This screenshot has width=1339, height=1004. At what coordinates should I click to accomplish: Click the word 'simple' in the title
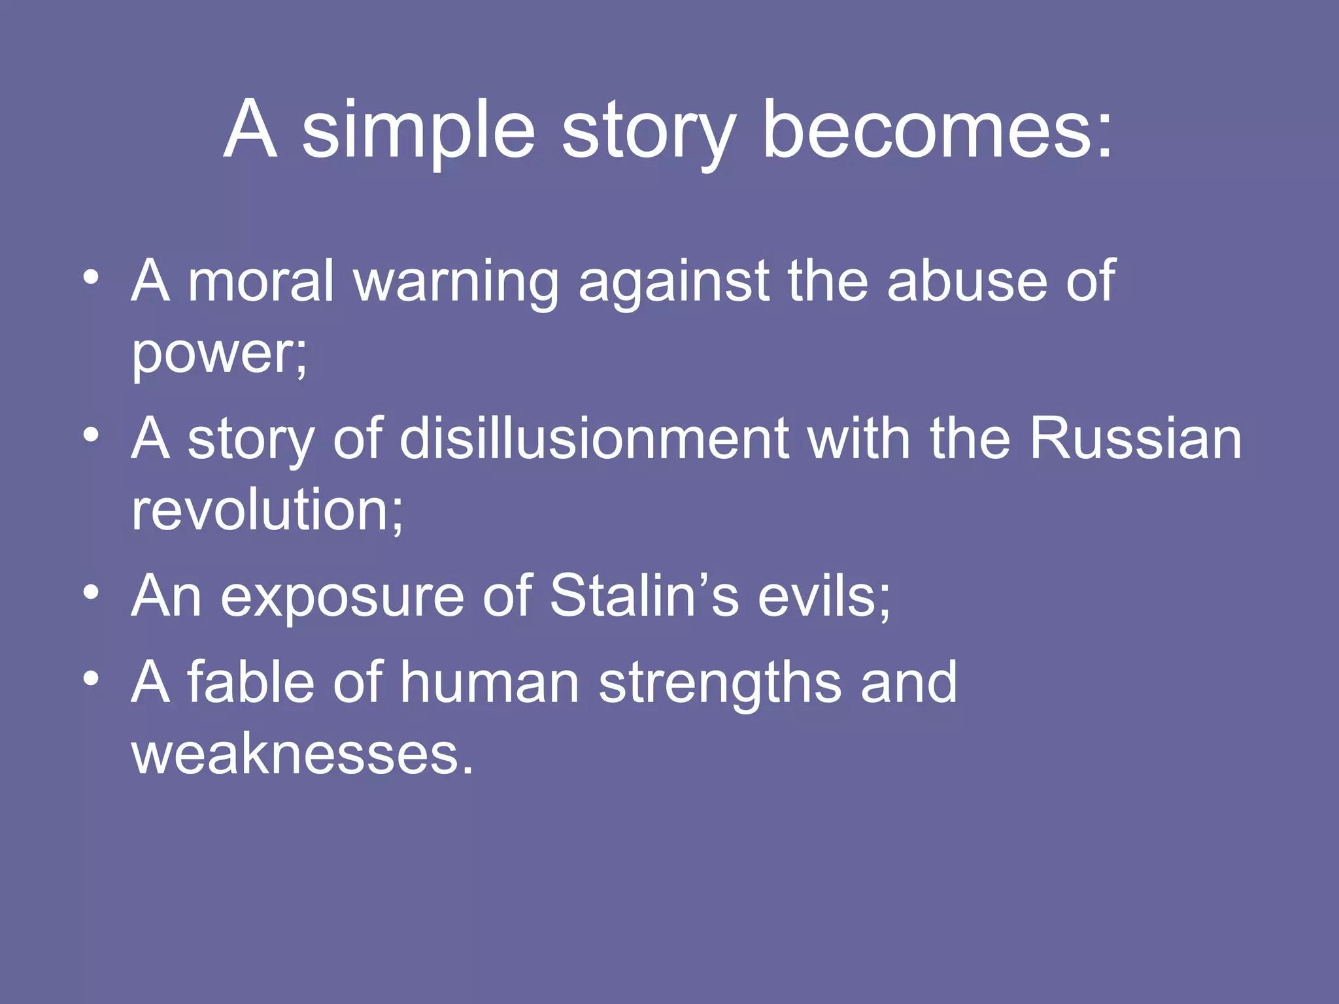tap(418, 131)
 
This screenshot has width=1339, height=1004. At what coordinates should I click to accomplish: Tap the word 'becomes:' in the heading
tap(936, 131)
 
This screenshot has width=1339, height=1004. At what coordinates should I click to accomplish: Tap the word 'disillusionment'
tap(594, 439)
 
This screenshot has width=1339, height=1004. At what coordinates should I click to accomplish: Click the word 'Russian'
tap(1135, 439)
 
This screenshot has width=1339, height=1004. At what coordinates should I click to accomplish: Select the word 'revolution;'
tap(267, 510)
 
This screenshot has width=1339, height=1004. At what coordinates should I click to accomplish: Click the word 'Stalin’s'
tap(645, 596)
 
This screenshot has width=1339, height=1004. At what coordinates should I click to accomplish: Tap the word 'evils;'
tap(824, 596)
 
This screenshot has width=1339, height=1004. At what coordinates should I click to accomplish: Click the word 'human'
tap(490, 682)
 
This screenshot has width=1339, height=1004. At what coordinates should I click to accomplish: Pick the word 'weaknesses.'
tap(302, 755)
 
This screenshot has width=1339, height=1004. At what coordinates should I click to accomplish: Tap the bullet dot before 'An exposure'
tap(92, 592)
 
